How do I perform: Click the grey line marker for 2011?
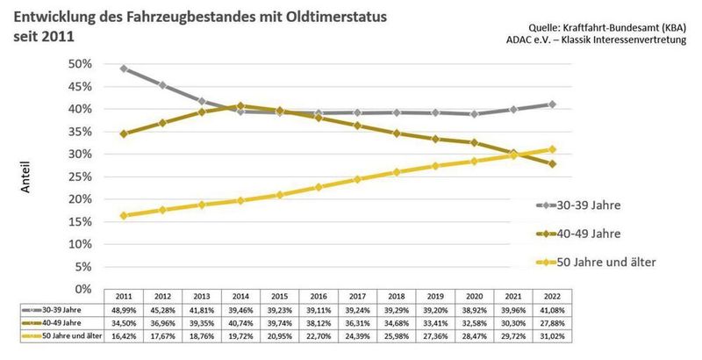point(124,68)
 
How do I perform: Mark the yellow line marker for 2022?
point(551,149)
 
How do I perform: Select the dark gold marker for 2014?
point(240,105)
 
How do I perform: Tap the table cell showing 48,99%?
point(124,310)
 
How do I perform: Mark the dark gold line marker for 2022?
point(551,163)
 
